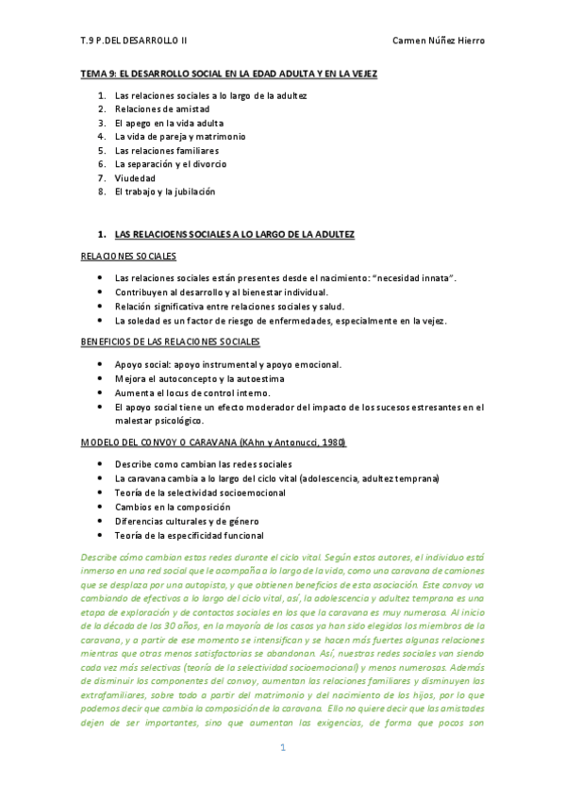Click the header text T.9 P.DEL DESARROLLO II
point(134,42)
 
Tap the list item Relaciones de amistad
point(161,108)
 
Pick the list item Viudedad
point(135,177)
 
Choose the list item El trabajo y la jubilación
point(165,192)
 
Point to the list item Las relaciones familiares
point(166,150)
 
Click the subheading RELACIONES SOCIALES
point(128,256)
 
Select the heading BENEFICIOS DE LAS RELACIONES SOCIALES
point(171,341)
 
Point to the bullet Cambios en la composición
point(172,507)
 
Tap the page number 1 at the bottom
point(281,774)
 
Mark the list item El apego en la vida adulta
point(168,123)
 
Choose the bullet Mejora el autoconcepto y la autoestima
point(199,378)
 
